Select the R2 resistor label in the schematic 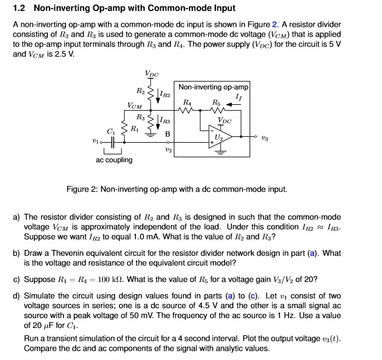pyautogui.click(x=141, y=91)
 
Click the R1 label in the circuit pyautogui.click(x=135, y=127)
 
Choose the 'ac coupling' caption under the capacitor pyautogui.click(x=114, y=160)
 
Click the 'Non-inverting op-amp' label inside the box pyautogui.click(x=213, y=87)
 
